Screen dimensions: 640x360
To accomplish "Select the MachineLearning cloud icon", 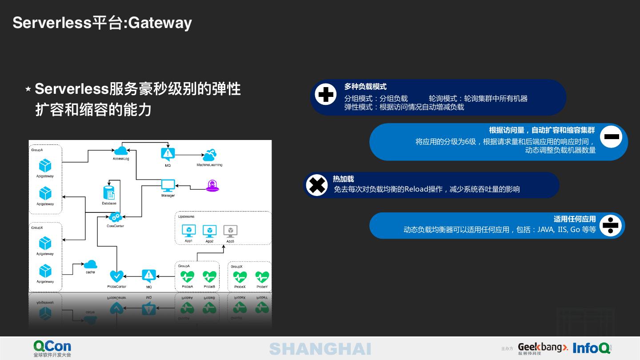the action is pyautogui.click(x=209, y=155).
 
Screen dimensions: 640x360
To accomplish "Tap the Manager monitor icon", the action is pyautogui.click(x=168, y=185).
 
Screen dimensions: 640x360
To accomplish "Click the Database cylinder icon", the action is pyautogui.click(x=109, y=192).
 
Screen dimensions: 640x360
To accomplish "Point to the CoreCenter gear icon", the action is pyautogui.click(x=115, y=217).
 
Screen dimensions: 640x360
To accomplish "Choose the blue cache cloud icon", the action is pyautogui.click(x=90, y=264).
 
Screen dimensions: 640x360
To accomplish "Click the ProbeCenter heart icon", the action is pyautogui.click(x=116, y=276).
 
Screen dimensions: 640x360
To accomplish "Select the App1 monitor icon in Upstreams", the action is pyautogui.click(x=188, y=231).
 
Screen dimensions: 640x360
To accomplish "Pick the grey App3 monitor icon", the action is pyautogui.click(x=230, y=231).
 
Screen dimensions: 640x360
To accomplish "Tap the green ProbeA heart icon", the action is pyautogui.click(x=187, y=277).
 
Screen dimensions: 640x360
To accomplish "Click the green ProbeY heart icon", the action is pyautogui.click(x=262, y=277).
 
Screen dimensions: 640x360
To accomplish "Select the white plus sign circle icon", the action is pyautogui.click(x=325, y=95).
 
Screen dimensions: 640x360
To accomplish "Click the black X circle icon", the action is pyautogui.click(x=317, y=185).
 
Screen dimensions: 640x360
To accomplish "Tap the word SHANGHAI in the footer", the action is pyautogui.click(x=320, y=349).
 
